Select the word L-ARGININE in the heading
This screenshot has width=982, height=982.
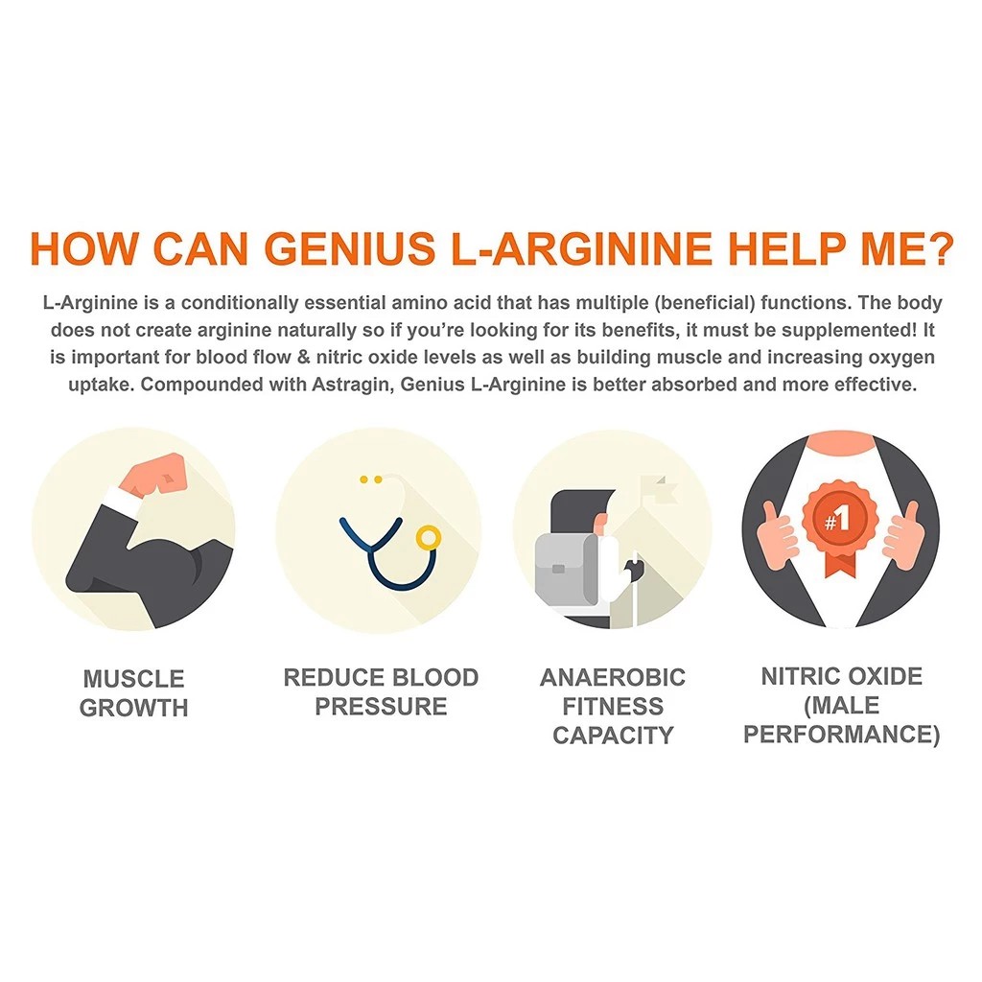click(x=582, y=248)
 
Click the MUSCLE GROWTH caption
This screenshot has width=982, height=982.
click(x=133, y=693)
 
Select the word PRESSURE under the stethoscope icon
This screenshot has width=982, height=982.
click(x=382, y=707)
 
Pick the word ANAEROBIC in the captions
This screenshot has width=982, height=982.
click(x=613, y=678)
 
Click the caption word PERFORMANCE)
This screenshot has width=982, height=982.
click(x=841, y=735)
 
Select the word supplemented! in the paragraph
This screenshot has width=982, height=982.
click(x=852, y=331)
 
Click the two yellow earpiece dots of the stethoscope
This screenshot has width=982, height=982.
click(x=370, y=478)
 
